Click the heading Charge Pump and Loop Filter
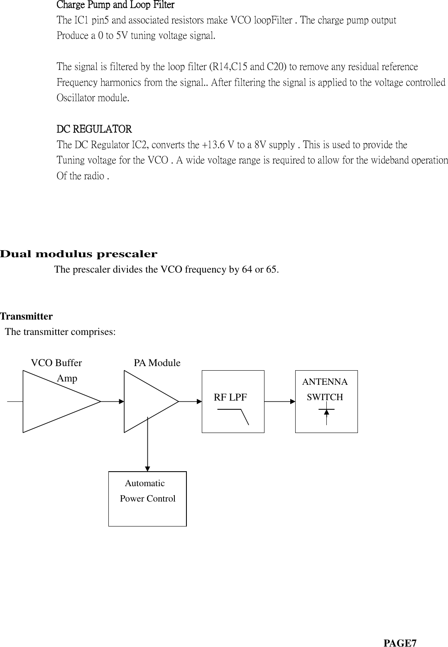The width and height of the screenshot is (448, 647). [x=115, y=5]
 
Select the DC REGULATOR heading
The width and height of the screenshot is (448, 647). [x=94, y=129]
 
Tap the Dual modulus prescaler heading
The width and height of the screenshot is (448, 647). [x=79, y=254]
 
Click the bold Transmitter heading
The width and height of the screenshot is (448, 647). [x=27, y=316]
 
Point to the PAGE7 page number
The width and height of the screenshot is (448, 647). [x=400, y=632]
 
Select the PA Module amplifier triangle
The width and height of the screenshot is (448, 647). [x=147, y=402]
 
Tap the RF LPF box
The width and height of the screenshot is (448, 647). [x=233, y=401]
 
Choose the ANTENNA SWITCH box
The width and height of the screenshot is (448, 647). [x=326, y=401]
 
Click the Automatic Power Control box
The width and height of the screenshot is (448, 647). [x=147, y=499]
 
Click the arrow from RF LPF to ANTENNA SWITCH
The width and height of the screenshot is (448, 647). [x=279, y=402]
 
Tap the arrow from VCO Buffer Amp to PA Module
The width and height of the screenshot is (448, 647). [x=113, y=402]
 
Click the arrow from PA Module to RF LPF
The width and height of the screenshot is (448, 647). [x=190, y=402]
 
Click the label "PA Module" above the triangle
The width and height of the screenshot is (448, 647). [x=157, y=363]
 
